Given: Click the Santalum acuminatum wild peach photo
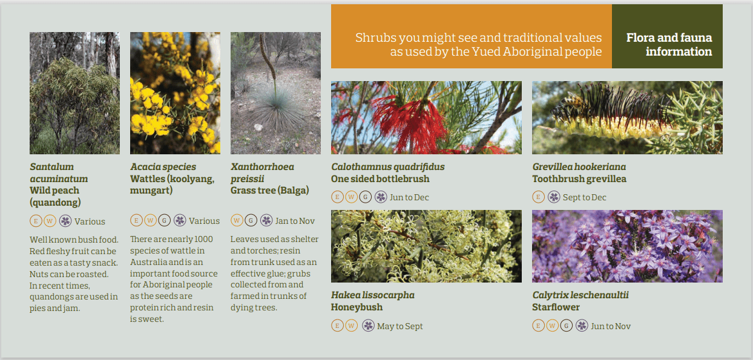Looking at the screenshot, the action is pyautogui.click(x=74, y=93).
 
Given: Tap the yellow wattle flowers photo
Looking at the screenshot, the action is pyautogui.click(x=175, y=93).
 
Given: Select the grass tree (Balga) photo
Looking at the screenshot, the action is pyautogui.click(x=275, y=93).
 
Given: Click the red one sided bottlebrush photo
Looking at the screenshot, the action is pyautogui.click(x=426, y=117).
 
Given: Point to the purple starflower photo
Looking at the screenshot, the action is pyautogui.click(x=627, y=246).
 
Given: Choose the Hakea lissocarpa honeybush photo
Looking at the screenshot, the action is pyautogui.click(x=426, y=246).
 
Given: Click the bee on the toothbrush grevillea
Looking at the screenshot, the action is pyautogui.click(x=568, y=102).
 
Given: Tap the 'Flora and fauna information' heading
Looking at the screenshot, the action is pyautogui.click(x=669, y=44).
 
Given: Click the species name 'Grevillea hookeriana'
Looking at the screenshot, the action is pyautogui.click(x=579, y=167).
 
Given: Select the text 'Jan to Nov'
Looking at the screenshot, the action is pyautogui.click(x=295, y=221).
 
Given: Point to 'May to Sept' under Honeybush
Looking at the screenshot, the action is pyautogui.click(x=400, y=326).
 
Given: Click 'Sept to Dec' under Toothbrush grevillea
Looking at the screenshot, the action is pyautogui.click(x=584, y=197).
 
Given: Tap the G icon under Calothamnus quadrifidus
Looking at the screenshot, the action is pyautogui.click(x=366, y=197).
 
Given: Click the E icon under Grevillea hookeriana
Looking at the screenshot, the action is pyautogui.click(x=538, y=197).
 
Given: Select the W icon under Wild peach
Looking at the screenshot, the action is pyautogui.click(x=50, y=221).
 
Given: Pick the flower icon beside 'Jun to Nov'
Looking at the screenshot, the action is pyautogui.click(x=582, y=326).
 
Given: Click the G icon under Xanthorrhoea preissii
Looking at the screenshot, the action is pyautogui.click(x=251, y=220).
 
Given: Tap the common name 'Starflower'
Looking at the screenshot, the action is pyautogui.click(x=556, y=307).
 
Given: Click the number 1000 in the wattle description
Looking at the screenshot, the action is pyautogui.click(x=203, y=239).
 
